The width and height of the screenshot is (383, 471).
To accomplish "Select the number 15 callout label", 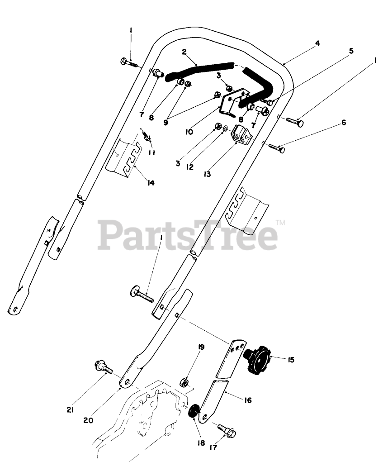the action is tap(291, 360).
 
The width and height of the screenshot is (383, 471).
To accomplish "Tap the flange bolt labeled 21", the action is tap(103, 367).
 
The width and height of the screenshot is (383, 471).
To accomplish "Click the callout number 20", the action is tap(88, 419).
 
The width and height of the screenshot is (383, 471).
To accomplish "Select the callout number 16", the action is tap(247, 400).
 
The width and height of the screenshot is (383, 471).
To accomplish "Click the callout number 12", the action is tap(189, 167).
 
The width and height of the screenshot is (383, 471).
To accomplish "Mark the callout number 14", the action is tap(151, 183).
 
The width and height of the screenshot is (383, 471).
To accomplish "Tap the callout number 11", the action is tap(151, 152).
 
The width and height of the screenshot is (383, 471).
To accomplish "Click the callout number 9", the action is tap(165, 122).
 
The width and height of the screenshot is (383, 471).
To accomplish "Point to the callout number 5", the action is tap(350, 51).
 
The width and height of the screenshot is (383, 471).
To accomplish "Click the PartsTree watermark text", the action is tap(188, 234).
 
